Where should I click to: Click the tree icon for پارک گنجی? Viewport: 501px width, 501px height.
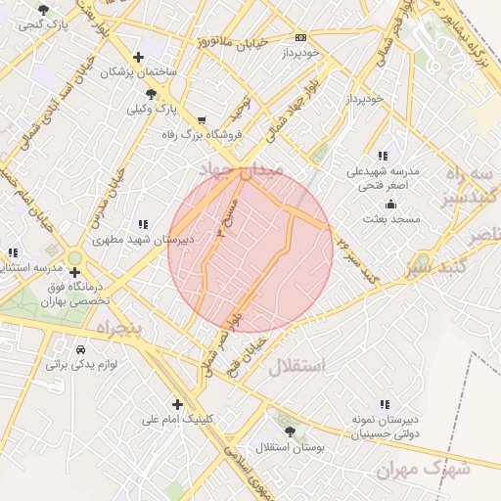point(43,10)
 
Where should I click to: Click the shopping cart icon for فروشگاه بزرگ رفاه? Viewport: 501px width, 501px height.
point(202,120)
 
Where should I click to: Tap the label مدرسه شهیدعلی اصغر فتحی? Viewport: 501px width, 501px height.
point(383,177)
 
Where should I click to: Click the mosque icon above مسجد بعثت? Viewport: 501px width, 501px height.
point(391,204)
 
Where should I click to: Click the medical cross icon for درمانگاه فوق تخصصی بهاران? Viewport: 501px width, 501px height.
point(75,272)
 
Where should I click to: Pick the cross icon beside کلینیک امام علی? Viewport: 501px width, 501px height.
point(177,403)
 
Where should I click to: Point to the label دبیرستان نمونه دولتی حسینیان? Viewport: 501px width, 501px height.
point(383,425)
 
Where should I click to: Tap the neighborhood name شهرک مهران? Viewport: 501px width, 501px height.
point(423,470)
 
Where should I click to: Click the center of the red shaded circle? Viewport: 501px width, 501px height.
point(250,249)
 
